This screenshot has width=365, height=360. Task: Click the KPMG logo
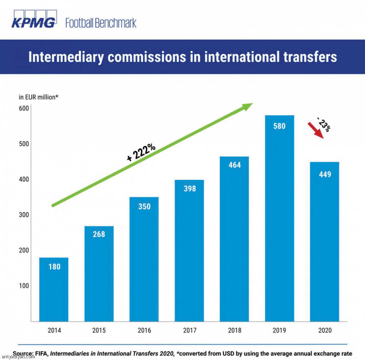pyautogui.click(x=34, y=20)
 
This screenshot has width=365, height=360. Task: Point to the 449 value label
pyautogui.click(x=324, y=174)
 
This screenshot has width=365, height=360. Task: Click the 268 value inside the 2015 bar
pyautogui.click(x=99, y=234)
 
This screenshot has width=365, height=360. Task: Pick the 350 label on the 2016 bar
pyautogui.click(x=144, y=206)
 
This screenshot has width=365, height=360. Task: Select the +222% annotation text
pyautogui.click(x=141, y=153)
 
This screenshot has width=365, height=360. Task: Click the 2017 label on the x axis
pyautogui.click(x=189, y=330)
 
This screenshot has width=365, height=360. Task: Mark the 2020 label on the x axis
pyautogui.click(x=324, y=330)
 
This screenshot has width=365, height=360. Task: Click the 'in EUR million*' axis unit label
pyautogui.click(x=38, y=97)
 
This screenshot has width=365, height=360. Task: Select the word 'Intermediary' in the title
pyautogui.click(x=66, y=57)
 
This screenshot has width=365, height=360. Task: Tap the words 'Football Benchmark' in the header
pyautogui.click(x=101, y=24)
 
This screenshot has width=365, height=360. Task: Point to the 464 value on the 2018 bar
pyautogui.click(x=234, y=165)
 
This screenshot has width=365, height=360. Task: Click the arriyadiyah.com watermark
pyautogui.click(x=18, y=356)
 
